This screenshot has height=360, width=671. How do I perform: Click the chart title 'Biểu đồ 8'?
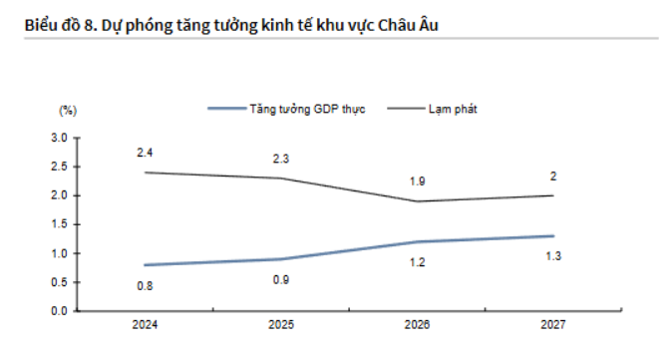(219, 21)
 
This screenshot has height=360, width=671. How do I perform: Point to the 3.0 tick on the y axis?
(59, 137)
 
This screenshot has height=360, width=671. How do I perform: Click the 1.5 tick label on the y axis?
(59, 224)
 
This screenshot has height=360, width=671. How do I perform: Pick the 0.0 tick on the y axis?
(59, 311)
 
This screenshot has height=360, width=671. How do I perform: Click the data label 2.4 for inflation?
(145, 152)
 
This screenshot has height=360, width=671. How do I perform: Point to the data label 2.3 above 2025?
(281, 159)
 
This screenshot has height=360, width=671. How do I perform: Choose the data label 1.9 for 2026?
(417, 181)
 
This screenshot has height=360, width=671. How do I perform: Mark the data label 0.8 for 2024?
(145, 285)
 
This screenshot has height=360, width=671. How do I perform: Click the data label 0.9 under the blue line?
(281, 279)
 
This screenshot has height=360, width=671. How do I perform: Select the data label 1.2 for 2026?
(417, 262)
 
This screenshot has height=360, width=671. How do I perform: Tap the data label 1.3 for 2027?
(553, 256)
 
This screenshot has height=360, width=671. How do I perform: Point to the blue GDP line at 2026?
(417, 241)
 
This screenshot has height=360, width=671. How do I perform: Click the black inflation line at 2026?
(417, 201)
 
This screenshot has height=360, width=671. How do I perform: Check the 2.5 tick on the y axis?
(59, 166)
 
